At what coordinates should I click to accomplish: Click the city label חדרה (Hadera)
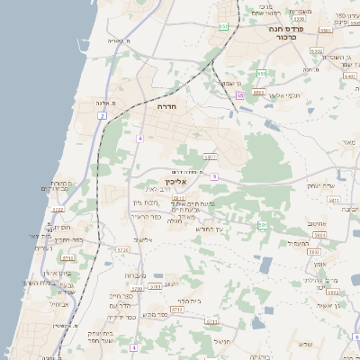[x=166, y=106]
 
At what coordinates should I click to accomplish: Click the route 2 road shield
[x=103, y=116]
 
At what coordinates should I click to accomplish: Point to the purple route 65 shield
[x=240, y=95]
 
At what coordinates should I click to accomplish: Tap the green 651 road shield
[x=222, y=26]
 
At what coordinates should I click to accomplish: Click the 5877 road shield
[x=210, y=157]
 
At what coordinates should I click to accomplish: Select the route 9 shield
[x=214, y=176]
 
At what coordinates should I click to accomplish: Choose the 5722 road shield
[x=58, y=210]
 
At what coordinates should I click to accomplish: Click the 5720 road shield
[x=122, y=249]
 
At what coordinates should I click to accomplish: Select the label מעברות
[x=131, y=275]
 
